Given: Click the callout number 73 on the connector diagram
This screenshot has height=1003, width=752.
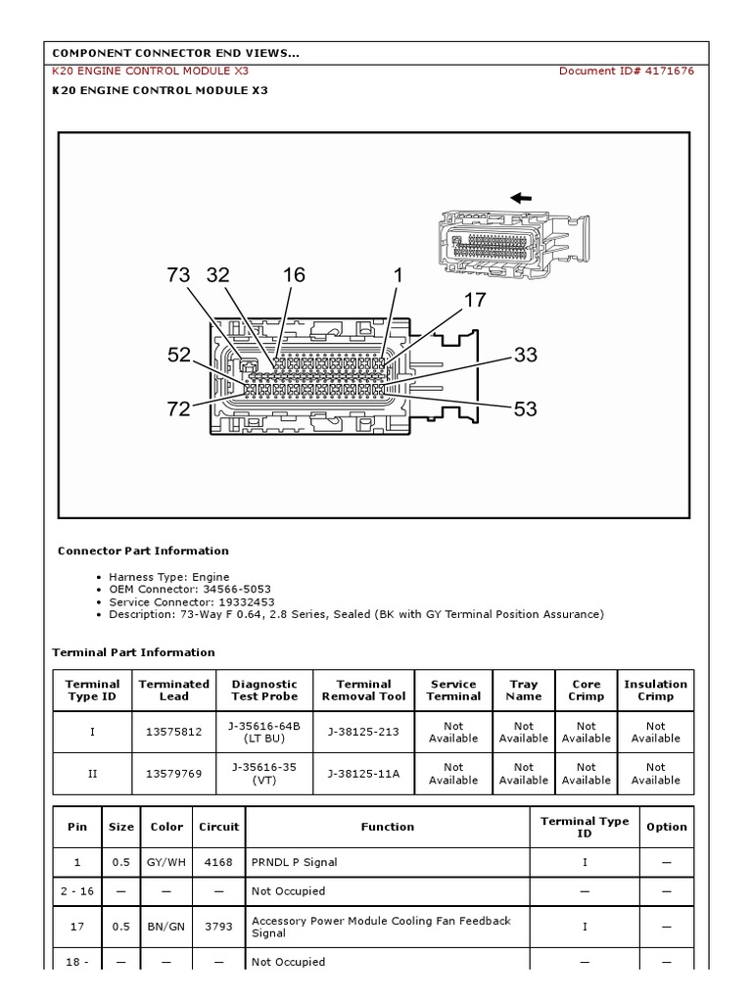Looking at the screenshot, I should pyautogui.click(x=178, y=275).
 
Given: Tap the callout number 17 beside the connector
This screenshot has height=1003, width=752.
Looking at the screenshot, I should pyautogui.click(x=475, y=300).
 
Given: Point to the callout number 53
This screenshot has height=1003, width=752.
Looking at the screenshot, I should pyautogui.click(x=526, y=408).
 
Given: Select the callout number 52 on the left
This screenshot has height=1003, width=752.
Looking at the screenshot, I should pyautogui.click(x=178, y=355).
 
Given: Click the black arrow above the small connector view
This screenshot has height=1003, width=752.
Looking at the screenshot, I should pyautogui.click(x=520, y=198).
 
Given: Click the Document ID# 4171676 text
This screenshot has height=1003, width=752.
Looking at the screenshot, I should pyautogui.click(x=627, y=71).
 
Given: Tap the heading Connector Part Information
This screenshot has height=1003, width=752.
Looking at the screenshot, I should pyautogui.click(x=143, y=550).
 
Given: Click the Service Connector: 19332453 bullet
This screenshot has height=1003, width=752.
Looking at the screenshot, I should pyautogui.click(x=192, y=602).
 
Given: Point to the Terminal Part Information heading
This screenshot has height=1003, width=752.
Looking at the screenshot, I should pyautogui.click(x=133, y=652).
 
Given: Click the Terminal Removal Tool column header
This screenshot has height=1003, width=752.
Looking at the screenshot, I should pyautogui.click(x=363, y=691).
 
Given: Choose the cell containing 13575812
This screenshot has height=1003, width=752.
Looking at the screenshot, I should pyautogui.click(x=174, y=732).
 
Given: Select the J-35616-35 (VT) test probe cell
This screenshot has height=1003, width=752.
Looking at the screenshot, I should pyautogui.click(x=264, y=774).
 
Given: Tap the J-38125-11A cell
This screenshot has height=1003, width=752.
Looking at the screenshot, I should pyautogui.click(x=363, y=774).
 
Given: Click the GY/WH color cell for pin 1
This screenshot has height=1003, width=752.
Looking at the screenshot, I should pyautogui.click(x=166, y=862).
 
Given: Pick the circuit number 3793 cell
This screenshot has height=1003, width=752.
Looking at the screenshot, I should pyautogui.click(x=218, y=927).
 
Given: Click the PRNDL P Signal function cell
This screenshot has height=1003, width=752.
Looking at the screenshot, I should pyautogui.click(x=294, y=862).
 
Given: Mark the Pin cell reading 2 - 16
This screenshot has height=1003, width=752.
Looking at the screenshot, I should pyautogui.click(x=77, y=891).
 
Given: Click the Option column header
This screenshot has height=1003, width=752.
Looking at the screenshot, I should pyautogui.click(x=667, y=827).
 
